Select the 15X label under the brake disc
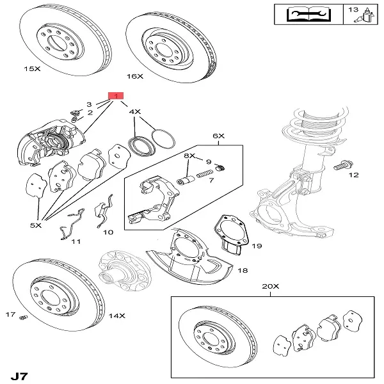click(32, 67)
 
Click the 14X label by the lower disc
click(117, 316)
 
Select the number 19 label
click(257, 245)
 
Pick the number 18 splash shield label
click(243, 271)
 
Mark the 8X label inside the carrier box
click(189, 156)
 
